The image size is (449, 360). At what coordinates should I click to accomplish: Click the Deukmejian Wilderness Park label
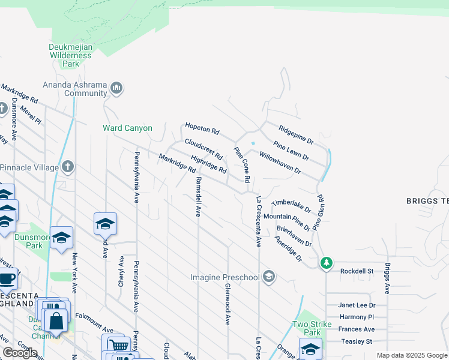tap(71, 55)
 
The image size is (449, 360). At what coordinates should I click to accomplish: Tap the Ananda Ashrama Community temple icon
tap(116, 89)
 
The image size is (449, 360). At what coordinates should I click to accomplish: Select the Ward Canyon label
tap(127, 128)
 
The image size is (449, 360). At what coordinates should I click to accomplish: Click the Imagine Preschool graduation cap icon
tap(270, 277)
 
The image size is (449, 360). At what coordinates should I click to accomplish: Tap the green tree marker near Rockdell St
tap(326, 263)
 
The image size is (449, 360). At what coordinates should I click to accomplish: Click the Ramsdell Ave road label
tap(197, 196)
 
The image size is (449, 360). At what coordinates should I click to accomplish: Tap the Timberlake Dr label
tap(291, 206)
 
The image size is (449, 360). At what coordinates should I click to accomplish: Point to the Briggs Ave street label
tap(388, 278)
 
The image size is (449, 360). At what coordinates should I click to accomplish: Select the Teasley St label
tap(356, 341)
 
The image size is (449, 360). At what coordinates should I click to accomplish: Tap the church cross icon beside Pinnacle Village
tap(68, 166)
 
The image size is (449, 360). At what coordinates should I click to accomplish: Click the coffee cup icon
tap(7, 279)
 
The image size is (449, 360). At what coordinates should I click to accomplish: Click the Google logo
tap(20, 353)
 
